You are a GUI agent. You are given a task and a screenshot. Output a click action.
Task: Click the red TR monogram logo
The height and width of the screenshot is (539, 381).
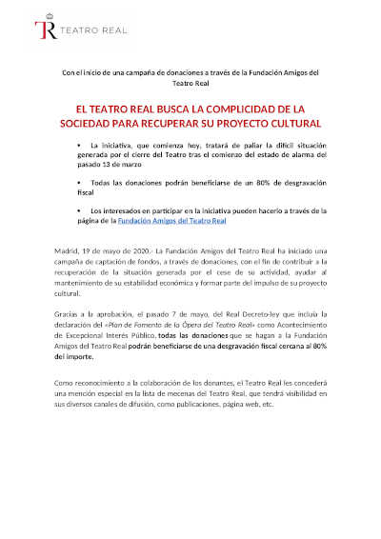[44, 30]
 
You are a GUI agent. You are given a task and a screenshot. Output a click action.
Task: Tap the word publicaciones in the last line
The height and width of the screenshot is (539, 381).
[200, 403]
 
